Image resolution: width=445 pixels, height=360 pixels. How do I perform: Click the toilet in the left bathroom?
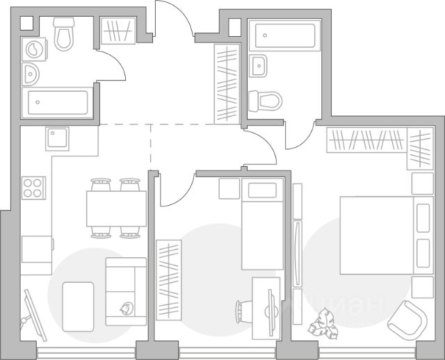tap(64, 35)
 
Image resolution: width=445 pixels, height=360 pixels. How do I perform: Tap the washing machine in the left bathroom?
tap(33, 48)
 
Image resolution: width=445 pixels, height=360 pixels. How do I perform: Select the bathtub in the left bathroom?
tap(58, 104)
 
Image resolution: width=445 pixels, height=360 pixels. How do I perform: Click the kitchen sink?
tap(58, 139)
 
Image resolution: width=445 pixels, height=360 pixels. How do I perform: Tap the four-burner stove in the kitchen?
tap(33, 188)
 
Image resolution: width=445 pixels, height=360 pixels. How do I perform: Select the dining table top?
tap(116, 208)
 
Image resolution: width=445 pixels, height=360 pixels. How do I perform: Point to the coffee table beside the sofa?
tap(78, 306)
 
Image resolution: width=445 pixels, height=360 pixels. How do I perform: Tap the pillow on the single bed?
tap(262, 190)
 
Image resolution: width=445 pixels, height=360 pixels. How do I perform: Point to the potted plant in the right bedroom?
tap(323, 322)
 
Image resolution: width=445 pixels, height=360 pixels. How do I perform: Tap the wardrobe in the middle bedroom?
tap(168, 278)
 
